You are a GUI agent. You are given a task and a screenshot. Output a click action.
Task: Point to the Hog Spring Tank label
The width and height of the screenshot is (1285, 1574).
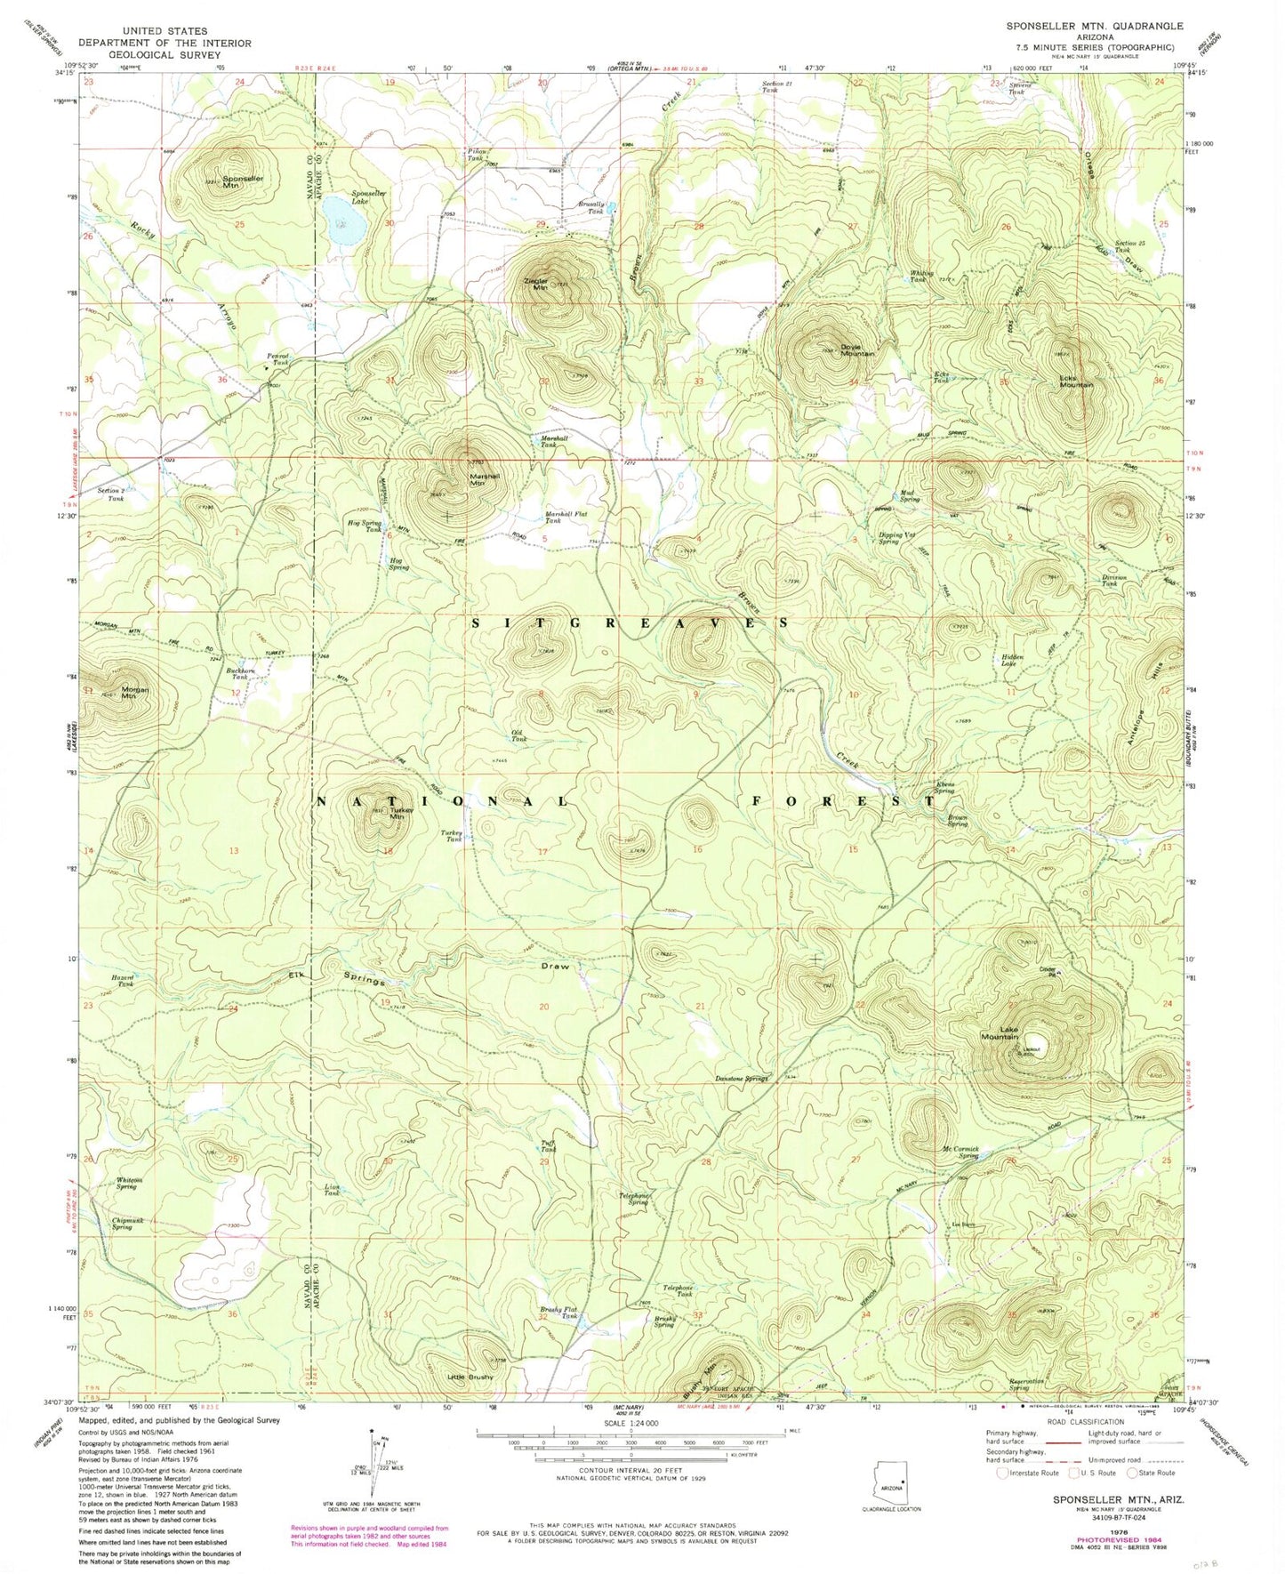[x=366, y=526]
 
